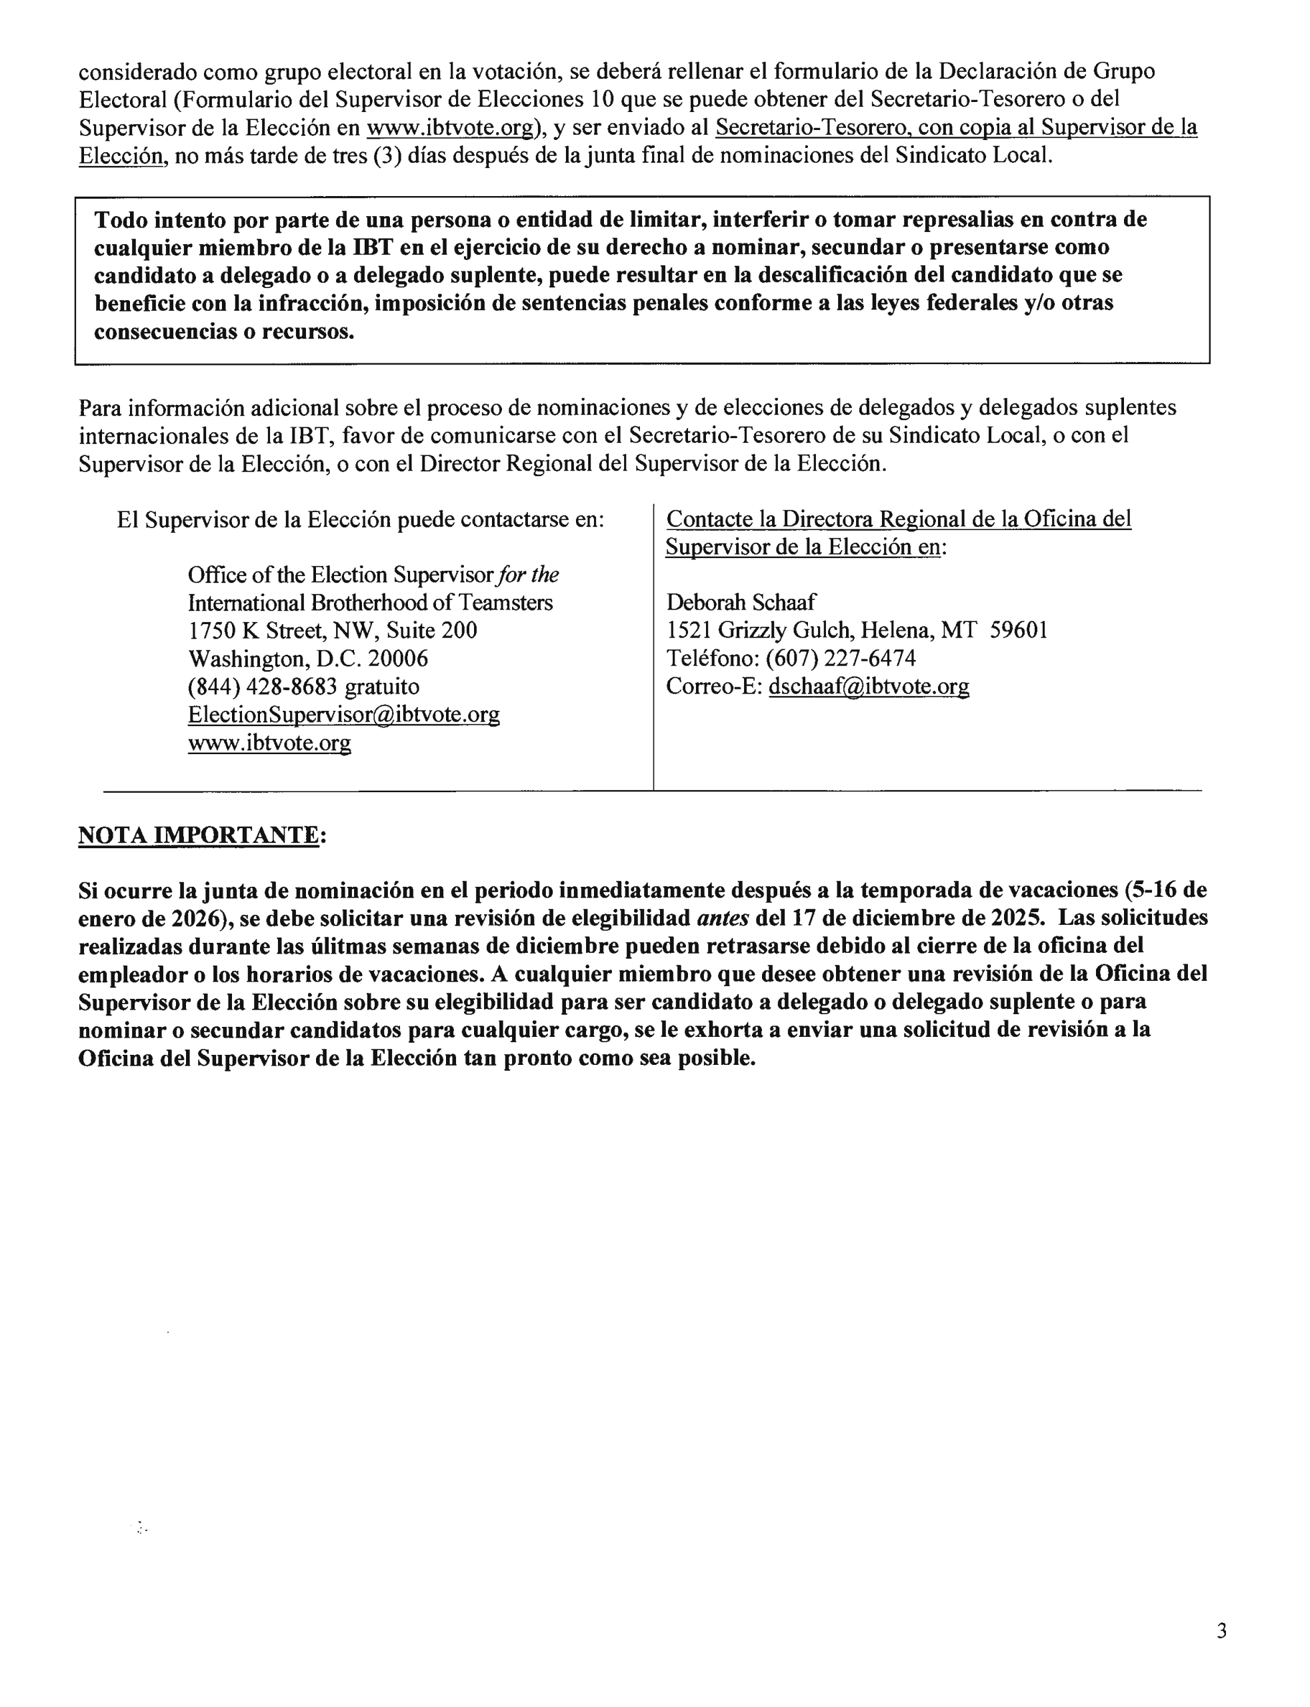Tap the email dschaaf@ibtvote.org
tap(869, 686)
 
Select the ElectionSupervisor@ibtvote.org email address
tap(344, 714)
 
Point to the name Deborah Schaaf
tap(741, 602)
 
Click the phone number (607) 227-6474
tap(841, 658)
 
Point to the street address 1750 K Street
tap(255, 630)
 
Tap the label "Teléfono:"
tap(712, 658)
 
